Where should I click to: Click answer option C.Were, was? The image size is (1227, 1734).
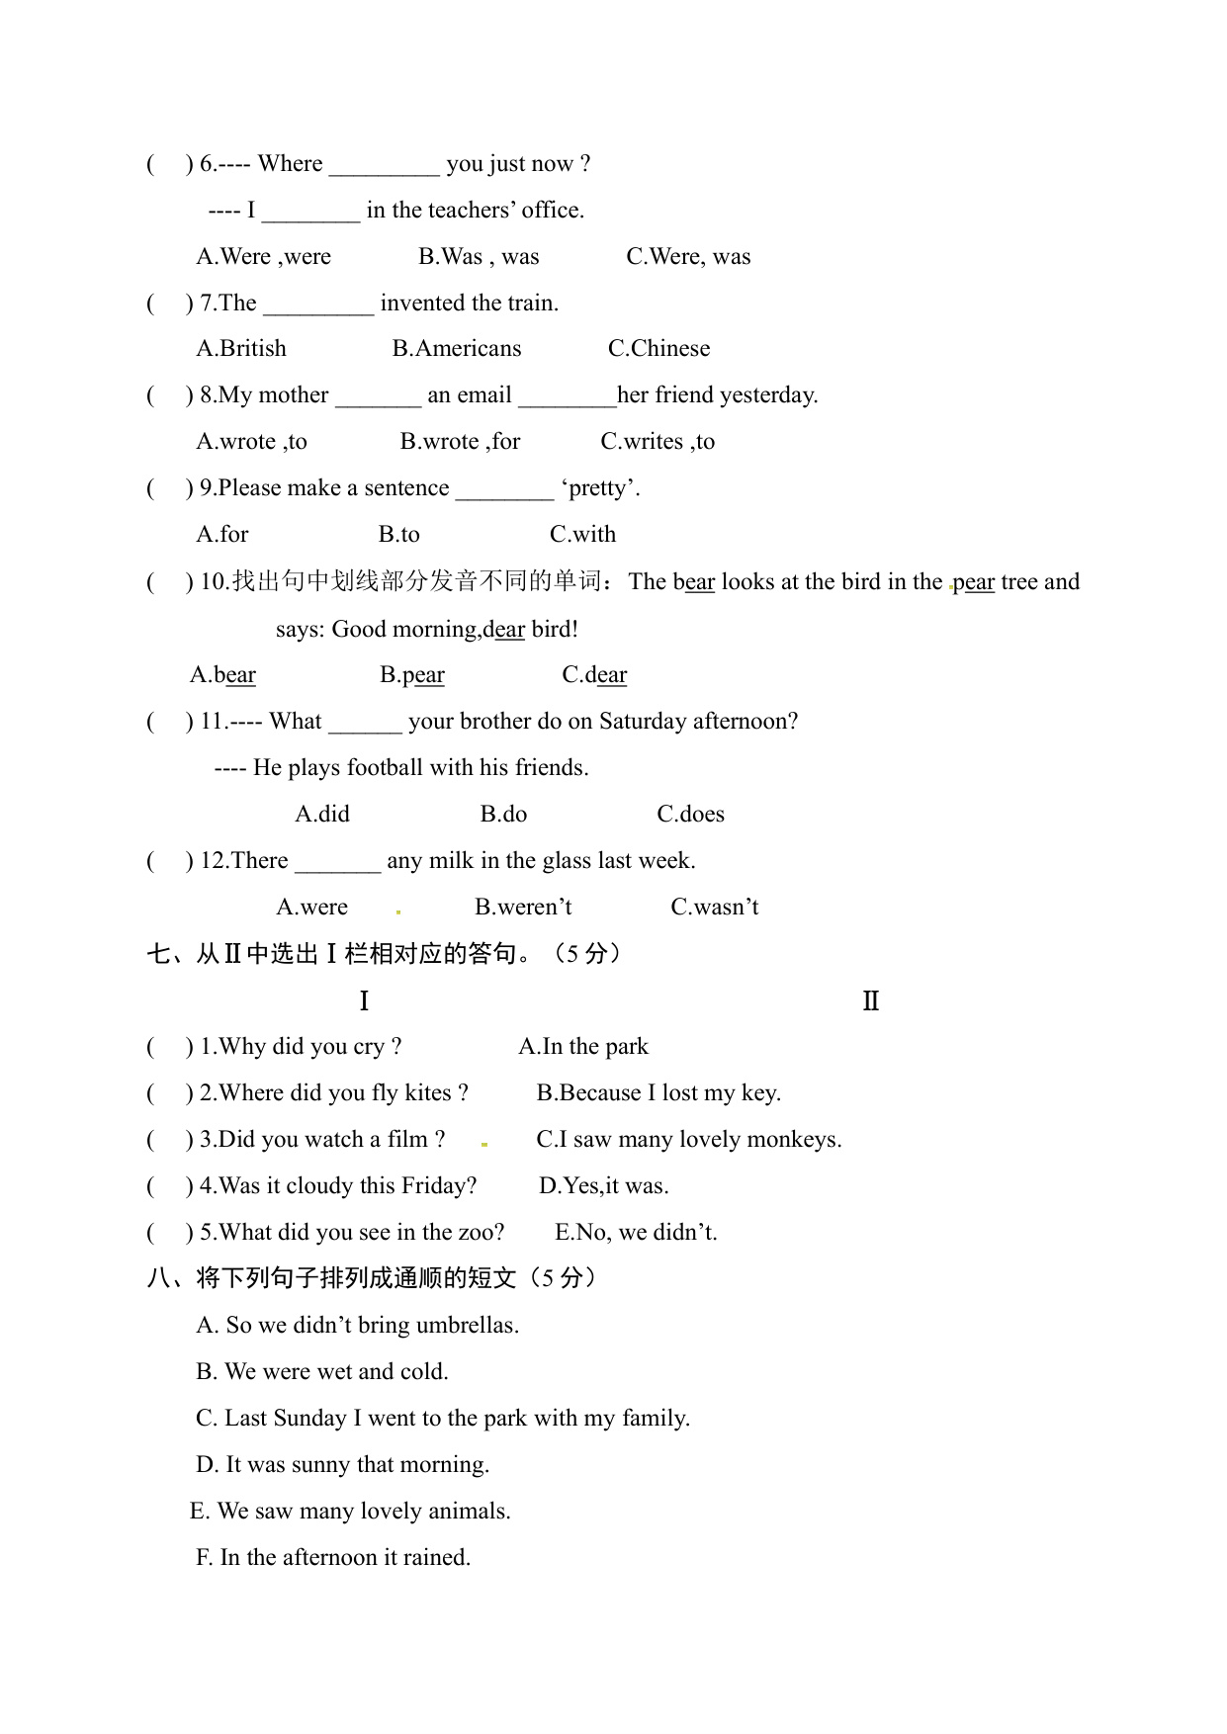coord(688,257)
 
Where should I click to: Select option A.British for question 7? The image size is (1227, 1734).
coord(241,349)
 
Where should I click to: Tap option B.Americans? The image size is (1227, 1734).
coord(456,349)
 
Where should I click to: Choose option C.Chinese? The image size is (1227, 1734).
coord(658,349)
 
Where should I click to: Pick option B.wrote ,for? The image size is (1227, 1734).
coord(460,442)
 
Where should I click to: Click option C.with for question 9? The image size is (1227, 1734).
coord(582,535)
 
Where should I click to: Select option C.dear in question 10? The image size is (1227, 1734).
coord(594,675)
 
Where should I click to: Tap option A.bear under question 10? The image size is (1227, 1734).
coord(222,675)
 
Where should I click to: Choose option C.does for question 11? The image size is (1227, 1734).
coord(690,815)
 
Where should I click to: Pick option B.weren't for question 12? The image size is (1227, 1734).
coord(523,908)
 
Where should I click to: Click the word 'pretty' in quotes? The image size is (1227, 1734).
coord(600,488)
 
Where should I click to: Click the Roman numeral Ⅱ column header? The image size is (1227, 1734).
coord(870,1001)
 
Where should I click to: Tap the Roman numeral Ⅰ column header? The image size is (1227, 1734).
coord(364,1001)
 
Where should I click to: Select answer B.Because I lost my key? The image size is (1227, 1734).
coord(658,1093)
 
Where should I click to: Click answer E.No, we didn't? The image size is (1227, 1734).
coord(636,1233)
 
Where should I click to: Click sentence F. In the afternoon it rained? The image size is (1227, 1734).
coord(333,1558)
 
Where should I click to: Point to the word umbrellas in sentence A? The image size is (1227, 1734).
coord(467,1326)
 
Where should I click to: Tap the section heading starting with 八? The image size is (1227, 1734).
coord(371,1278)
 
